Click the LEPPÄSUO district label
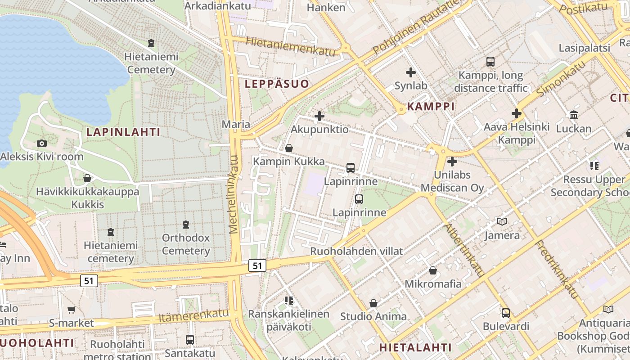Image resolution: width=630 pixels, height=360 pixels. [x=277, y=84]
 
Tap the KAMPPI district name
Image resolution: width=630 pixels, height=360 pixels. [x=431, y=107]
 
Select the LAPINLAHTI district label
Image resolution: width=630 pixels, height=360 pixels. [x=123, y=132]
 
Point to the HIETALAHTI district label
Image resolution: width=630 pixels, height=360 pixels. [x=415, y=347]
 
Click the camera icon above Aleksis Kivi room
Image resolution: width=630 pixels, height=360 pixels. [x=42, y=143]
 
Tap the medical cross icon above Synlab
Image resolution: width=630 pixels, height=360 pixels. [x=410, y=72]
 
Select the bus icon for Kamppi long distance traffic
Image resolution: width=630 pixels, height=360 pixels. [x=490, y=62]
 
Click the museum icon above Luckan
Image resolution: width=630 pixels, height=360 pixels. [x=573, y=115]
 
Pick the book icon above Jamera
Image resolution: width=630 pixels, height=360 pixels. [x=502, y=221]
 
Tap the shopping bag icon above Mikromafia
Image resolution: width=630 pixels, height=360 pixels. [x=432, y=270]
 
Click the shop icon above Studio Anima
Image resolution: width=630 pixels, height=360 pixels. [x=373, y=303]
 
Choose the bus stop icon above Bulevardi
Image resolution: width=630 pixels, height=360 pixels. [x=505, y=313]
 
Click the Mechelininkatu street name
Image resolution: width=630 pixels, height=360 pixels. [x=234, y=194]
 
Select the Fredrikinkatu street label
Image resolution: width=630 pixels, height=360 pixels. [x=556, y=269]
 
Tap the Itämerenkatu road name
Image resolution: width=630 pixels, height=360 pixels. [x=193, y=316]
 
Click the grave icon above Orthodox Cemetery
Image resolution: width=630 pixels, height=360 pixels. [x=185, y=224]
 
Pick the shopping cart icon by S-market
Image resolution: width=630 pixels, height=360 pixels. [x=71, y=310]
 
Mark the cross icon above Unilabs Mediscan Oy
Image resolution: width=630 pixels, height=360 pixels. [x=452, y=161]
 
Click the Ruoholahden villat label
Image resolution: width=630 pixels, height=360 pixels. [x=356, y=251]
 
